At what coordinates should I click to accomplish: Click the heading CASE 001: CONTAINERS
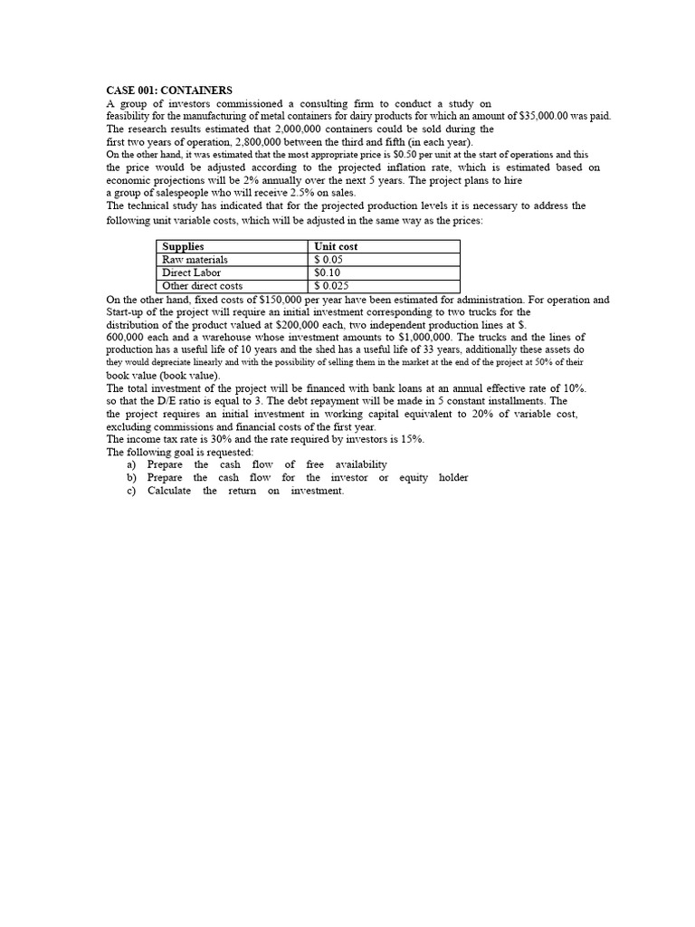(169, 91)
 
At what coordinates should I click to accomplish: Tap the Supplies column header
(183, 246)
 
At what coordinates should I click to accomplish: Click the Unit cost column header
(335, 246)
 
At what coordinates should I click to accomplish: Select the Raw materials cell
(195, 260)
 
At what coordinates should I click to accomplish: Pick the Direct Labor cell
(191, 272)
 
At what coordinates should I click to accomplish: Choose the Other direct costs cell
(202, 286)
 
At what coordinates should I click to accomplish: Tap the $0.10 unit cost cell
(327, 272)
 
